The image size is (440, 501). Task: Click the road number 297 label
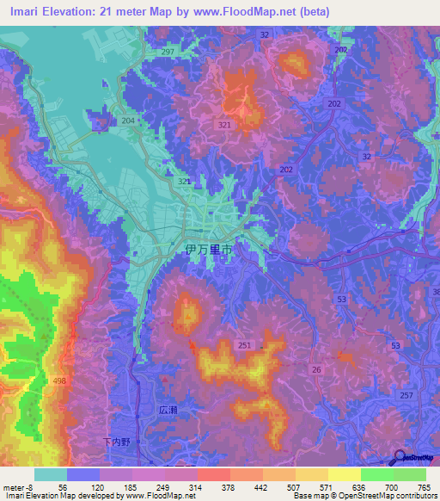(x=167, y=53)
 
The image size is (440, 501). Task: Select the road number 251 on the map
(x=245, y=345)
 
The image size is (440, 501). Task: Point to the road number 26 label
(x=315, y=370)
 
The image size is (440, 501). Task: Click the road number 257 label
(x=406, y=395)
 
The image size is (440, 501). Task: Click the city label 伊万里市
(x=209, y=250)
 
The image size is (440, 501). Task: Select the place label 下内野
(x=113, y=442)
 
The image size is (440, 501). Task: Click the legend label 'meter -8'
(x=18, y=487)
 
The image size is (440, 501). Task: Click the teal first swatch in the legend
(x=50, y=474)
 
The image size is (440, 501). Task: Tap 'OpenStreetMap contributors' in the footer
(x=387, y=496)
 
